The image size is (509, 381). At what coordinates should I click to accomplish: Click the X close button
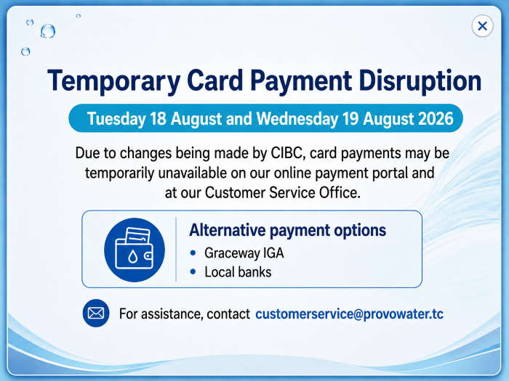click(482, 26)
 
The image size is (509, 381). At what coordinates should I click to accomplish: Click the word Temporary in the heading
click(114, 81)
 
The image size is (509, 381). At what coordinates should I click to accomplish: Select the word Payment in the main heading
click(301, 81)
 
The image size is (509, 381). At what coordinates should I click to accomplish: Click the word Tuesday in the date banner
click(116, 118)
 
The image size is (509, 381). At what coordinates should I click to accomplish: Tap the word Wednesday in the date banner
click(297, 118)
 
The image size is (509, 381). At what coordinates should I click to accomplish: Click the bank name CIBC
click(288, 153)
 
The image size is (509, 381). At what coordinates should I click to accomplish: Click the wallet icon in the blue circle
click(135, 250)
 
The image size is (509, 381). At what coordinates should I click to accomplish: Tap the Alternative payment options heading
click(288, 231)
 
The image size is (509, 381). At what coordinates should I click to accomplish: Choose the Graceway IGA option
click(244, 253)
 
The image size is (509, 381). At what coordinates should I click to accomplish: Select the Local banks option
click(238, 272)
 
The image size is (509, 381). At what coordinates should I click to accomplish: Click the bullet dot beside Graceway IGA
click(193, 253)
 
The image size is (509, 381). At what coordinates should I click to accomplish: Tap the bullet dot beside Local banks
click(193, 272)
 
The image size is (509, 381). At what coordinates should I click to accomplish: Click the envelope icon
click(96, 314)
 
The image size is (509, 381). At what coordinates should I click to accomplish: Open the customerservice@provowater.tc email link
click(349, 314)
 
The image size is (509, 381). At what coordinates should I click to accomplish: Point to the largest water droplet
click(48, 31)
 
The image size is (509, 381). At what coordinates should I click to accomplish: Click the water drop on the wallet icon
click(132, 257)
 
